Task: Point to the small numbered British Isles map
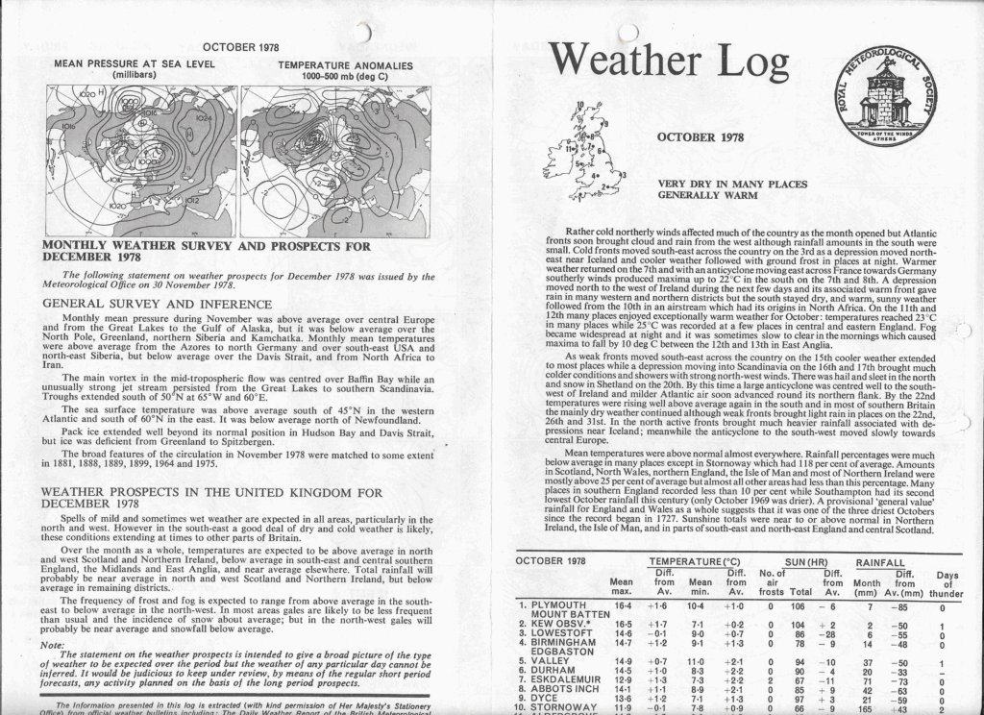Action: coord(582,149)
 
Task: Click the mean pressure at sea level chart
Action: coord(141,160)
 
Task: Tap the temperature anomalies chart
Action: coord(335,160)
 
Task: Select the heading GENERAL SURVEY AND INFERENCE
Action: coord(140,303)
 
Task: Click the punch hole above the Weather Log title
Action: coord(627,31)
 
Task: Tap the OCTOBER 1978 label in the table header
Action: coord(551,560)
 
